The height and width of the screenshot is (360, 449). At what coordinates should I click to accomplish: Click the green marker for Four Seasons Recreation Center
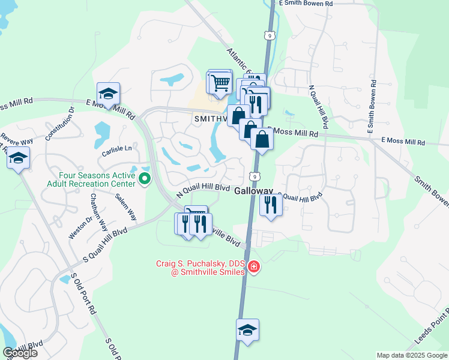(144, 178)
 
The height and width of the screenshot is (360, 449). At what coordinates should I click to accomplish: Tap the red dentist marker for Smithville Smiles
(254, 266)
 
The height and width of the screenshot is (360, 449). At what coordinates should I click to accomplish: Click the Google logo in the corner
(20, 353)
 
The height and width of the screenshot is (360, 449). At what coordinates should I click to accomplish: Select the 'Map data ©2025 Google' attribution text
(412, 355)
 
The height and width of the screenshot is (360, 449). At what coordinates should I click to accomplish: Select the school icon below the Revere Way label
(18, 158)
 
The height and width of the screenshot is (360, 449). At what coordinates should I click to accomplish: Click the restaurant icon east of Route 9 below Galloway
(271, 205)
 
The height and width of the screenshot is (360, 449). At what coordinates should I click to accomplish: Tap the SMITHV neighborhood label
(210, 119)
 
